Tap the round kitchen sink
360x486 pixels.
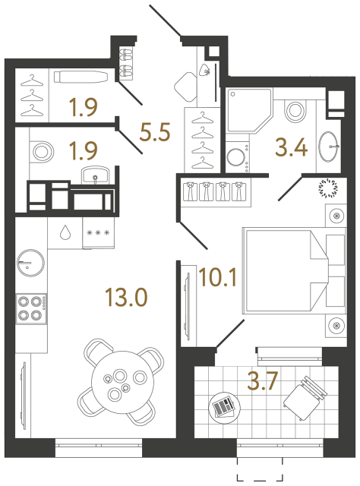coord(30,263)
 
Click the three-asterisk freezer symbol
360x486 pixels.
coord(97,232)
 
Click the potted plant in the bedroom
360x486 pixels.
coord(331,186)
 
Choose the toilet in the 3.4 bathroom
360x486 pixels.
coord(292,110)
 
